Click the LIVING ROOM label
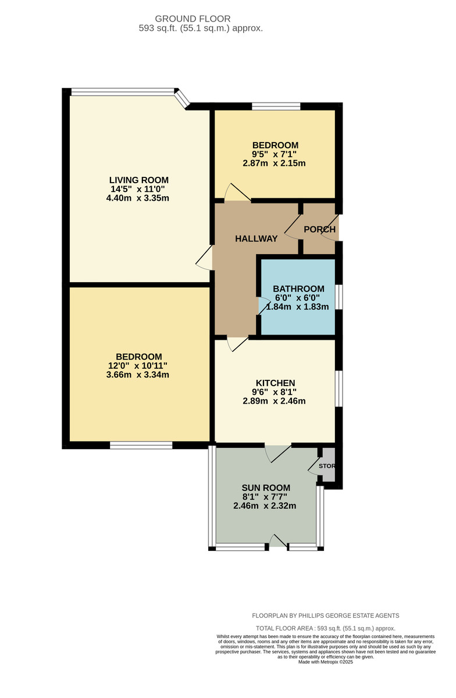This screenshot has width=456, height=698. click(x=139, y=179)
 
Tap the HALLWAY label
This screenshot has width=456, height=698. click(x=256, y=238)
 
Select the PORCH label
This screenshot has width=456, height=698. click(x=319, y=229)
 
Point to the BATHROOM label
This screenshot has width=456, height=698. click(x=298, y=289)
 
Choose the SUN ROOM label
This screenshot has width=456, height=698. click(x=265, y=487)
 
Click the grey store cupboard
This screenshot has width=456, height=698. click(x=328, y=465)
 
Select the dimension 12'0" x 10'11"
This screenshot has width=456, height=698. click(x=138, y=365)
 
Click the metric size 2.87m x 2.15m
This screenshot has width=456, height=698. click(x=275, y=163)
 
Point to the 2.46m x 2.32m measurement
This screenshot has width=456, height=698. click(x=265, y=506)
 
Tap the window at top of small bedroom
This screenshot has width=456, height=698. click(x=276, y=106)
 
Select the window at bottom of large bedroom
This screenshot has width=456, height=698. click(x=141, y=446)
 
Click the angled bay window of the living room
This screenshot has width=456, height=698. click(x=183, y=98)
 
